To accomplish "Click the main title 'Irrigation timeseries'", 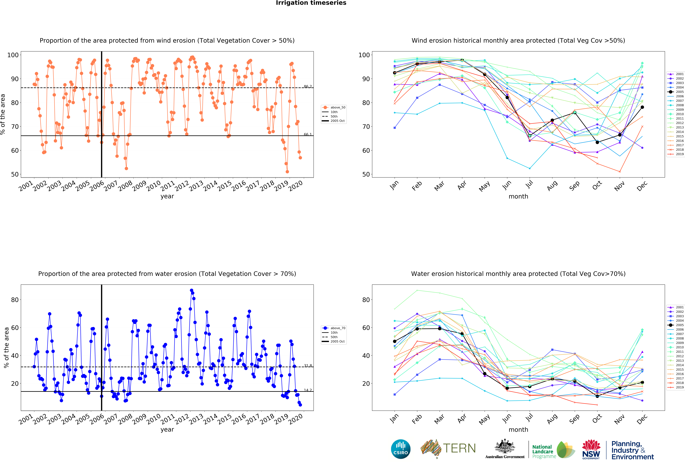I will [x=311, y=3].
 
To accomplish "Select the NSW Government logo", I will [x=591, y=449].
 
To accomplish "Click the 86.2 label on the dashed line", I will [x=308, y=86].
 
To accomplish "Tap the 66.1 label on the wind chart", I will [x=308, y=134].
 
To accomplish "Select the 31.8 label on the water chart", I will [x=308, y=366].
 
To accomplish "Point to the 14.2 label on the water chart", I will [x=308, y=390].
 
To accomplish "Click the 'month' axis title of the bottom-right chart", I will [x=518, y=430].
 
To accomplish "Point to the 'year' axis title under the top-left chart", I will [x=167, y=196].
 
